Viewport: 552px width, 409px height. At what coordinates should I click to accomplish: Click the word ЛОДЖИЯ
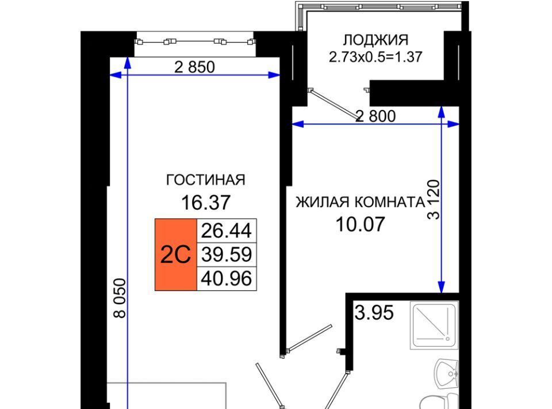click(x=375, y=40)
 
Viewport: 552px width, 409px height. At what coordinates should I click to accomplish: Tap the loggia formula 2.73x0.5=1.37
click(x=375, y=57)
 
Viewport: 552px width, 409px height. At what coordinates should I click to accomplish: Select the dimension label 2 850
click(x=195, y=67)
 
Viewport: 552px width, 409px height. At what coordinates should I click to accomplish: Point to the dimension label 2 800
click(x=376, y=116)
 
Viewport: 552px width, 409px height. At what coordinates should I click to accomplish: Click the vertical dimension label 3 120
click(x=434, y=199)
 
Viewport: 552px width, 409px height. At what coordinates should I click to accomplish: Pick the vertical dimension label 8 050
click(x=120, y=298)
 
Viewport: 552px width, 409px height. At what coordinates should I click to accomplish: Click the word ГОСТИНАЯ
click(x=206, y=180)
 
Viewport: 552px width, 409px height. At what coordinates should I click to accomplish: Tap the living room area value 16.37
click(x=206, y=202)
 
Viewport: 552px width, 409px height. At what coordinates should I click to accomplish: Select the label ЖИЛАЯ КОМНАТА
click(x=360, y=202)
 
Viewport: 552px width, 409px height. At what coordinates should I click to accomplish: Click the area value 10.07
click(x=360, y=224)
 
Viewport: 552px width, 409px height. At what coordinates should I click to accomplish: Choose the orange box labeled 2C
click(x=176, y=255)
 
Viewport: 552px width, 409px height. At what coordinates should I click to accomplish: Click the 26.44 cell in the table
click(x=227, y=230)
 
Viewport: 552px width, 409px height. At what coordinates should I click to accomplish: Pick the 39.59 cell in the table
click(x=227, y=255)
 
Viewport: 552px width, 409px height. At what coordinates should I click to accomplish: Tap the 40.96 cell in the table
click(x=227, y=279)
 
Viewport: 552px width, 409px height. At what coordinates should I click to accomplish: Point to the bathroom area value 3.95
click(x=374, y=312)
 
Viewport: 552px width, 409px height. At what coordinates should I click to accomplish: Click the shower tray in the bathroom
click(x=435, y=325)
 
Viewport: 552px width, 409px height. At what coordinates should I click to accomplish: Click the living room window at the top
click(x=195, y=41)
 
